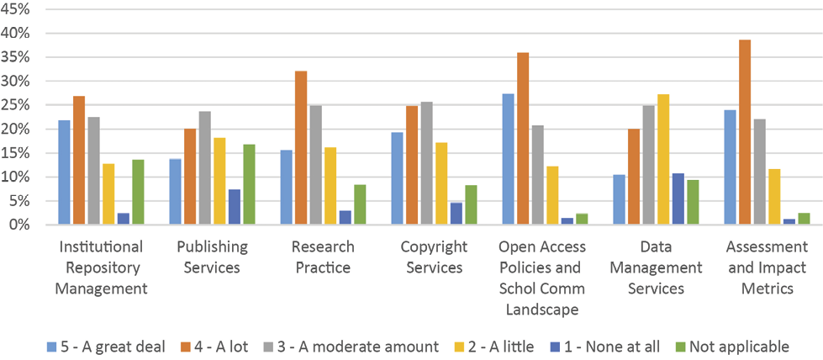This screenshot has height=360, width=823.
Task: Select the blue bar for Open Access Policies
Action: [x=508, y=159]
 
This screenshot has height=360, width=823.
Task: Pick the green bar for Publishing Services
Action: [x=249, y=184]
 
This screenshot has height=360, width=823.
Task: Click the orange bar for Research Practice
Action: [x=301, y=148]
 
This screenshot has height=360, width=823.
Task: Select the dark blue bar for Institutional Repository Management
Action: [x=123, y=219]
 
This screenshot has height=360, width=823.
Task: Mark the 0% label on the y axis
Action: [x=20, y=225]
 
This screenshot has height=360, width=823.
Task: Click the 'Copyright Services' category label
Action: [x=433, y=257]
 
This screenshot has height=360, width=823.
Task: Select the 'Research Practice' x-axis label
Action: [x=323, y=257]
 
